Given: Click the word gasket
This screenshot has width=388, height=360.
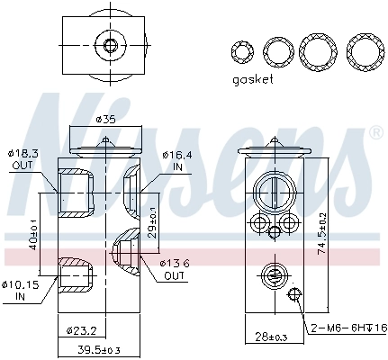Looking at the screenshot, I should [x=252, y=79].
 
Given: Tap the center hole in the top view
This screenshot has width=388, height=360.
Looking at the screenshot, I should [x=111, y=44].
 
